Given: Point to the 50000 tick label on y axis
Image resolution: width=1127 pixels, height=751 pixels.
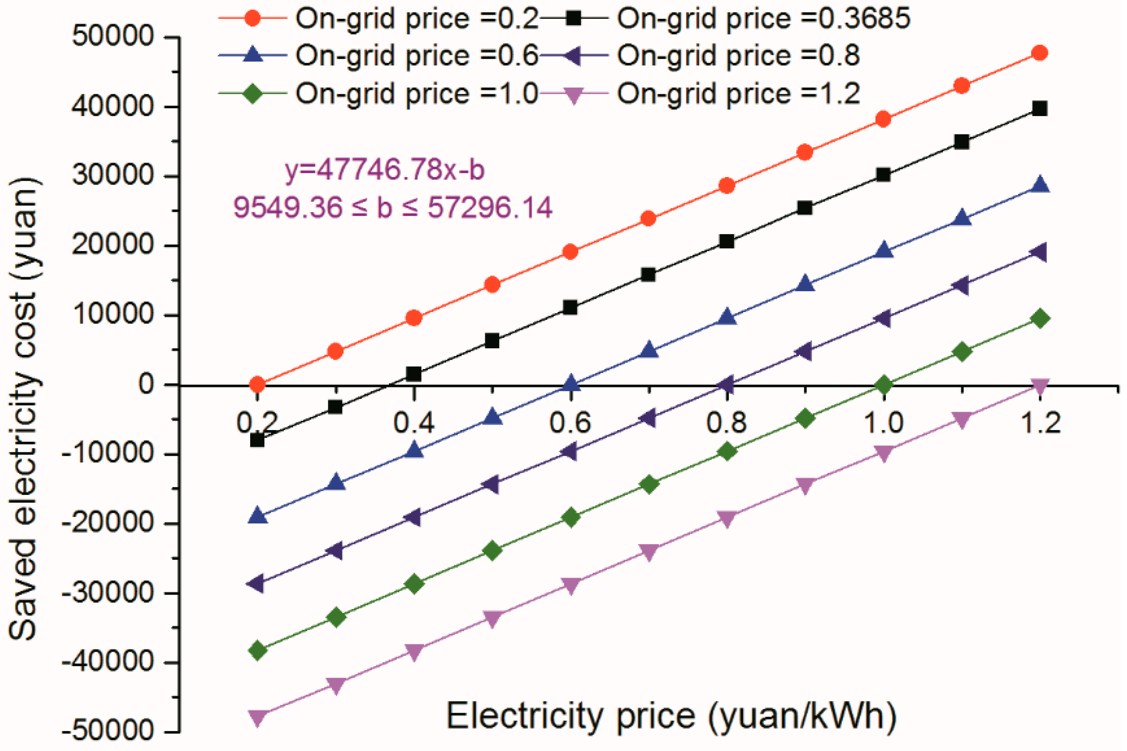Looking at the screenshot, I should point(113,36).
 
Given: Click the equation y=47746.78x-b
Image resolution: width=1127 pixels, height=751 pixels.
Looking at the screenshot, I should point(385,170).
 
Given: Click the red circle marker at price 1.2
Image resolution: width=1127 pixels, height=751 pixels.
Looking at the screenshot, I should point(1039,53).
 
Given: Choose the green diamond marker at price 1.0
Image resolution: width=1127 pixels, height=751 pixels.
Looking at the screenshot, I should point(884,385).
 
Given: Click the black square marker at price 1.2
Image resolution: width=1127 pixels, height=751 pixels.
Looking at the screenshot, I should point(1039,109).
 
